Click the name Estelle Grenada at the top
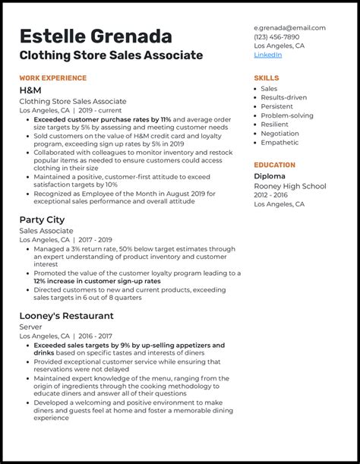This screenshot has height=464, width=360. pos(96,36)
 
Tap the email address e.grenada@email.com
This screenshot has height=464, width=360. pos(289,27)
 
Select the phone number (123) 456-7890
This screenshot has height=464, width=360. pos(276,36)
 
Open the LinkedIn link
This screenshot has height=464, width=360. pos(267,55)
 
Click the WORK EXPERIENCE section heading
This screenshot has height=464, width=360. pos(53,78)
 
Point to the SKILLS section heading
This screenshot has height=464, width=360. pos(266,78)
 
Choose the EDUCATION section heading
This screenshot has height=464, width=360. pos(274,165)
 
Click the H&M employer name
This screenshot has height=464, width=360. pos(30,90)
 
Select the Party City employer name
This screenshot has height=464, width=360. pos(42,219)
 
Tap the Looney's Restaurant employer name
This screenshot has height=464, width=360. pos(67,316)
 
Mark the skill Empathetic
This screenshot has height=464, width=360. pos(279,142)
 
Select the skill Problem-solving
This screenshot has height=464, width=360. pos(287,115)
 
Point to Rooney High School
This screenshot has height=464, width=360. pos(290,186)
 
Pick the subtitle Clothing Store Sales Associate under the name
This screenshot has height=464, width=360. pos(111,55)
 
